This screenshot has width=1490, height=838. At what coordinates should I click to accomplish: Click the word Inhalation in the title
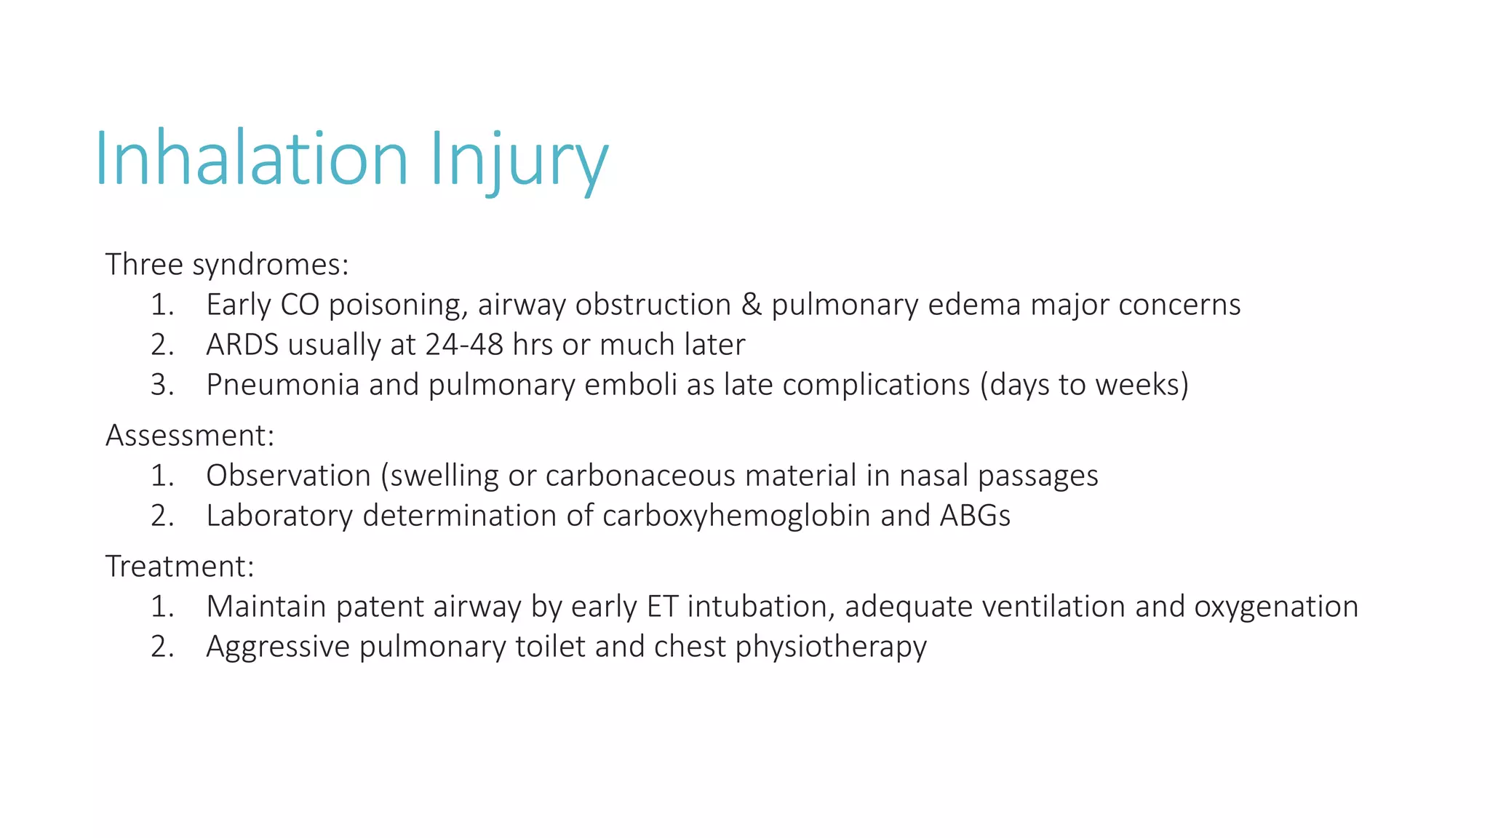coord(252,159)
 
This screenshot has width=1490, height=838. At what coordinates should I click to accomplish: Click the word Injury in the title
coord(518,161)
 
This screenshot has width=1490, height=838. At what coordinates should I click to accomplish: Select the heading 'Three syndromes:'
coord(227,265)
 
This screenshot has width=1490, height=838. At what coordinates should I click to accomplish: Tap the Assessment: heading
coord(190,436)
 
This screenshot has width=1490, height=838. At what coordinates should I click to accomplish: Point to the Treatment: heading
coord(180,567)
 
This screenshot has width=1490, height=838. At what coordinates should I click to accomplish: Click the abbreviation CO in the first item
coord(300,305)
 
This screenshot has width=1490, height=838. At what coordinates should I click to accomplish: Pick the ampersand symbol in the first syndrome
coord(751,305)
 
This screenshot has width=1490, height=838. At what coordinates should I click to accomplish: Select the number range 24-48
coord(464,345)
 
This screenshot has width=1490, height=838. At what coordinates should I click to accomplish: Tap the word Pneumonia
coord(282,385)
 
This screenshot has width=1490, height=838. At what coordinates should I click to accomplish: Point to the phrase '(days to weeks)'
coord(1084,385)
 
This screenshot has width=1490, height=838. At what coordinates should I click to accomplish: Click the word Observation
coord(288,476)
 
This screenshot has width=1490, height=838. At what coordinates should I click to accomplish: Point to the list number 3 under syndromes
coord(162,385)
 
